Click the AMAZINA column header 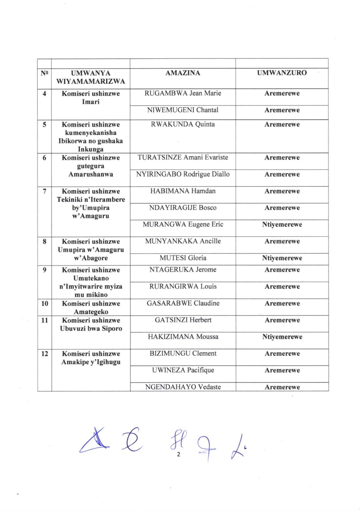(183, 73)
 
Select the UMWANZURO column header (282, 73)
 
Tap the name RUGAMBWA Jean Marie (183, 93)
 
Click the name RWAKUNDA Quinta (183, 124)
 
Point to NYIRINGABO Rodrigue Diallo (183, 174)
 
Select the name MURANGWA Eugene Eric (183, 225)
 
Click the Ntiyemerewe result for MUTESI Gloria (282, 258)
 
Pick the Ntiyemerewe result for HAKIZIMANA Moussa (282, 337)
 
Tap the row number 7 (44, 191)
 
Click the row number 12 (44, 354)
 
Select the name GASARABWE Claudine (183, 303)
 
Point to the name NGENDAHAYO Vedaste (183, 387)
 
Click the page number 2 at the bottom (178, 454)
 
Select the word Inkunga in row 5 (91, 149)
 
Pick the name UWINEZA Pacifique (183, 370)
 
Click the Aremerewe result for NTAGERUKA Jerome (282, 270)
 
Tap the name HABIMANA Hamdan (183, 191)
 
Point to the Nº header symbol (44, 73)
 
